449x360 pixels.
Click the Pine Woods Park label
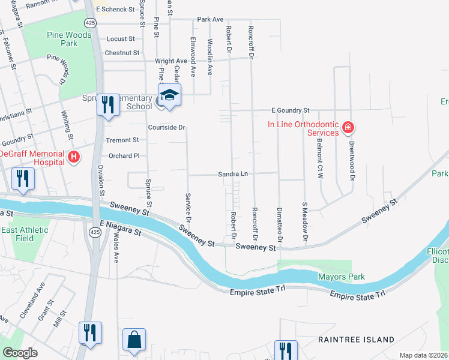[70, 39]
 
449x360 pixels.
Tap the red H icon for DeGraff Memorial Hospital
[74, 158]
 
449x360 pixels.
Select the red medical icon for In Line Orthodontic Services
[348, 127]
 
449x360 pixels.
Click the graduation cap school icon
[169, 95]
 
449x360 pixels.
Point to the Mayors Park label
[341, 277]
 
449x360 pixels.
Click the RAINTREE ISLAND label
[356, 339]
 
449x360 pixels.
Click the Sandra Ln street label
[232, 174]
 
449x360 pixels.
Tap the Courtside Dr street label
[167, 127]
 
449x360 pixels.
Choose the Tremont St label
[122, 140]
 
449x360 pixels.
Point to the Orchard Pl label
[124, 155]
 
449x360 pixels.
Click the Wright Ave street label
[171, 61]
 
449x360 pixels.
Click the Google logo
[20, 353]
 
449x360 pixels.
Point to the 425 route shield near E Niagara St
[94, 232]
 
